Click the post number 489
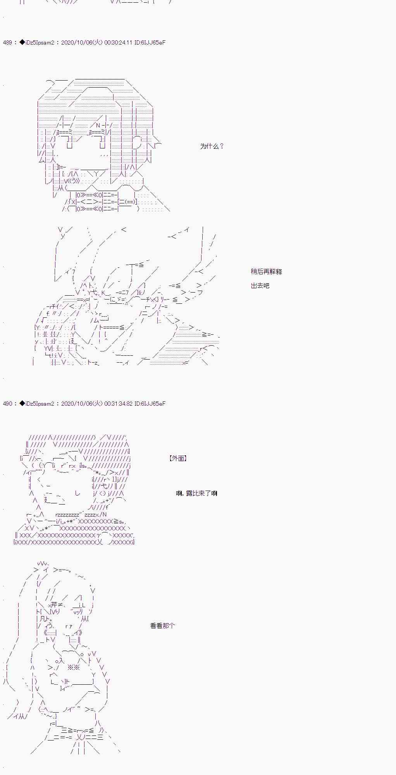[7, 43]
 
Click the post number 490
[7, 404]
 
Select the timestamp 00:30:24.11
[118, 43]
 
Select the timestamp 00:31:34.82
[118, 404]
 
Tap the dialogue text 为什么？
[212, 146]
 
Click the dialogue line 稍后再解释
[266, 272]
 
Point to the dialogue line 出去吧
[260, 286]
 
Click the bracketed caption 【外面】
[178, 458]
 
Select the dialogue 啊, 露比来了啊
[196, 493]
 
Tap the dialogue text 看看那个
[162, 626]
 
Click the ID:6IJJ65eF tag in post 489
[150, 43]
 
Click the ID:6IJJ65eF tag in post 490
[150, 404]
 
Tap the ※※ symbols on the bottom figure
[73, 667]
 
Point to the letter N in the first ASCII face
[98, 125]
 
